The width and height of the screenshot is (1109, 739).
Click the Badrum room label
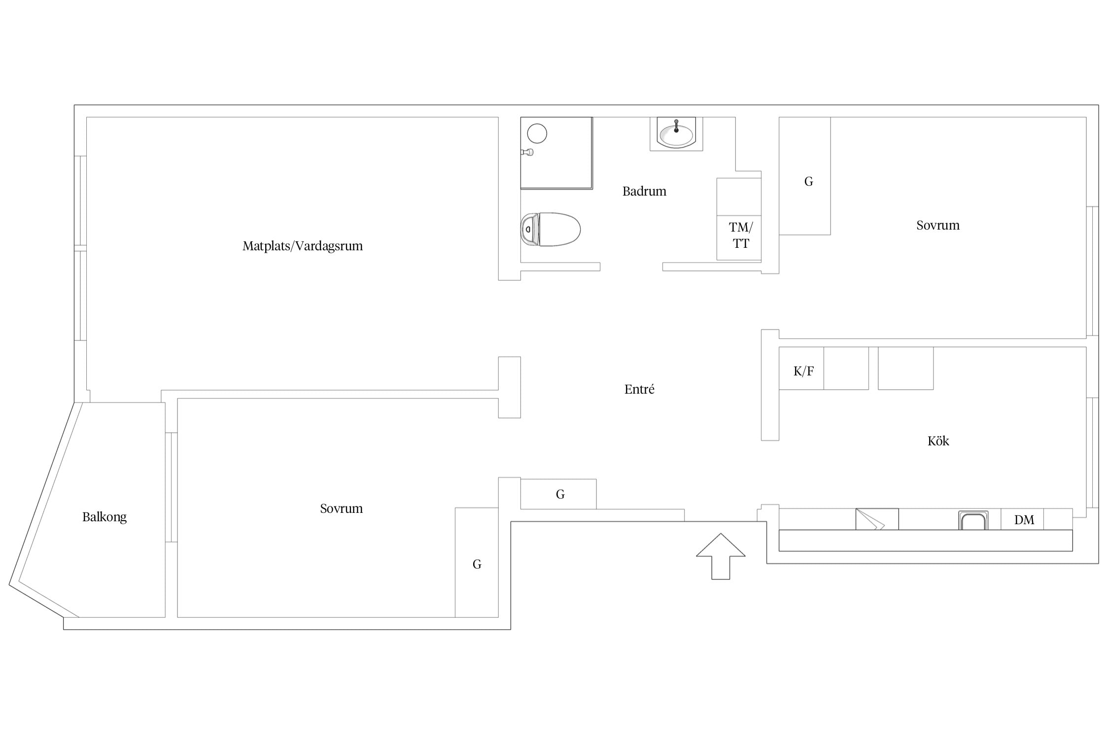[x=644, y=191]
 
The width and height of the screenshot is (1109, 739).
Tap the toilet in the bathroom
[x=551, y=229]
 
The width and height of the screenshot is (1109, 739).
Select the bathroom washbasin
[x=676, y=134]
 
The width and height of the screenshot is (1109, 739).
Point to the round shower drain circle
[x=537, y=134]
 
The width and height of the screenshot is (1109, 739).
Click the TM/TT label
[x=741, y=235]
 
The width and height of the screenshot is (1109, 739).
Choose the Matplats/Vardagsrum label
[x=303, y=246]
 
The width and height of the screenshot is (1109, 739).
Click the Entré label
[x=639, y=389]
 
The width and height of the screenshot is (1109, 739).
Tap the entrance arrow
[x=721, y=556]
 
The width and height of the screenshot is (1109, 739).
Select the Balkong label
[x=104, y=517]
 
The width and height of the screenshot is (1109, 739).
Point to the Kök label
[x=938, y=441]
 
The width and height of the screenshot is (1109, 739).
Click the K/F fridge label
[x=803, y=371]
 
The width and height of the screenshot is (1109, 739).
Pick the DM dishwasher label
[x=1024, y=520]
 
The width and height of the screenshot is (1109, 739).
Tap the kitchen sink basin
[x=973, y=521]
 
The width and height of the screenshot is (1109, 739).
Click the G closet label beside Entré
[x=560, y=494]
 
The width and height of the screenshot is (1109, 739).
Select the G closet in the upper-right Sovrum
[x=808, y=181]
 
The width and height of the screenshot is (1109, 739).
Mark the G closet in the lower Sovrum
[x=477, y=564]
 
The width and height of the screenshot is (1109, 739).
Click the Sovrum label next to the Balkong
[x=341, y=508]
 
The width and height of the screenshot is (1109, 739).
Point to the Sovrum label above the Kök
[x=938, y=225]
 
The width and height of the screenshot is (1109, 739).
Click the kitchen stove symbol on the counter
[x=877, y=519]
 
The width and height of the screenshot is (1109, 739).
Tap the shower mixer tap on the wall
[x=527, y=152]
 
